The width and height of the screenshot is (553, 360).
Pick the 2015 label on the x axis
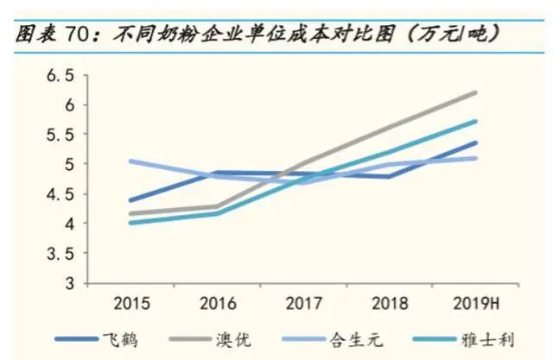click(130, 304)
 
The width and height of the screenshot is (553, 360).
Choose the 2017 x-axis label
click(303, 304)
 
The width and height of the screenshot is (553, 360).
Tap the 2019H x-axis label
click(475, 304)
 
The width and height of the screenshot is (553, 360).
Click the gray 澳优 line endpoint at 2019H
click(476, 92)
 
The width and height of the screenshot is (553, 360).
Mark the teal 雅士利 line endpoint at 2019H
click(476, 121)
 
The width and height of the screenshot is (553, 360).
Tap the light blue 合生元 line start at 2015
click(130, 161)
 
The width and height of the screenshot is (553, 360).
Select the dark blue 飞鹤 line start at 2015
click(130, 200)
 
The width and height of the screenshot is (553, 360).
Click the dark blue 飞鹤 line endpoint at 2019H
click(476, 142)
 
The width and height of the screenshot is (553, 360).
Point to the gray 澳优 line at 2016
click(217, 206)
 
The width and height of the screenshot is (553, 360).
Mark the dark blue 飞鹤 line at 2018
click(390, 177)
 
